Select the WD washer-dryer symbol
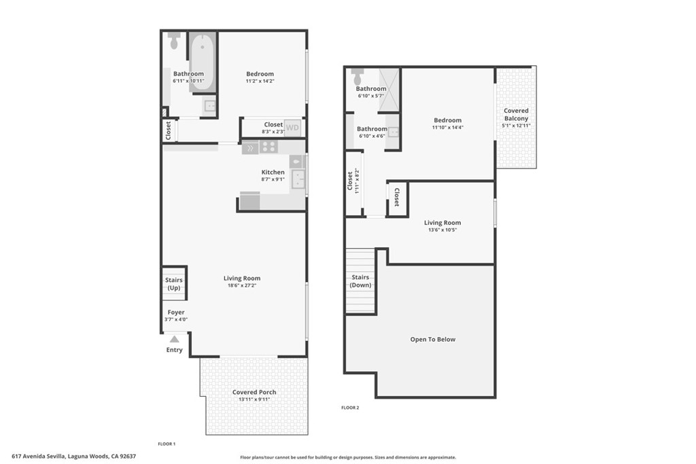(292, 127)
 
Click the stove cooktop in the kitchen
(269, 147)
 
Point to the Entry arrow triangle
(175, 339)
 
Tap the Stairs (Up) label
(175, 284)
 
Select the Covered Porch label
(254, 392)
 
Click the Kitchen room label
(273, 172)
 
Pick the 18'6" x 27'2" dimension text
(242, 287)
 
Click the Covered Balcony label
(516, 114)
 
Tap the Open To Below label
(433, 340)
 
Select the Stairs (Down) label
(360, 281)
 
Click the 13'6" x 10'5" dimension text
(442, 230)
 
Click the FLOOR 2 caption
(350, 408)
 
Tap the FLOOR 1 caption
(167, 444)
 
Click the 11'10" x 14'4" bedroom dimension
(447, 128)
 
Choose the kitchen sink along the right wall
(297, 179)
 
